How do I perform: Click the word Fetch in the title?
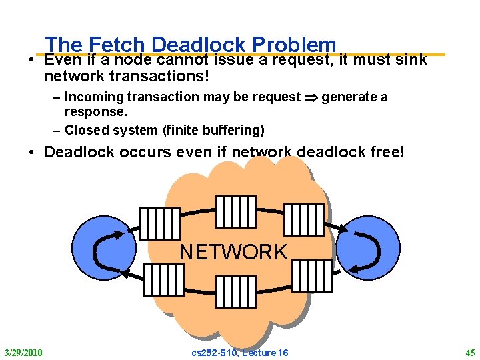(x=114, y=45)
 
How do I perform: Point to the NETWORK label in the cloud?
(x=233, y=252)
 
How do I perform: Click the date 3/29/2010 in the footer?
(x=23, y=352)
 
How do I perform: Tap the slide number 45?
(x=470, y=352)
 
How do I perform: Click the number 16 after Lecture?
(x=282, y=352)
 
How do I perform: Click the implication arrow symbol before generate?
(x=311, y=97)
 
